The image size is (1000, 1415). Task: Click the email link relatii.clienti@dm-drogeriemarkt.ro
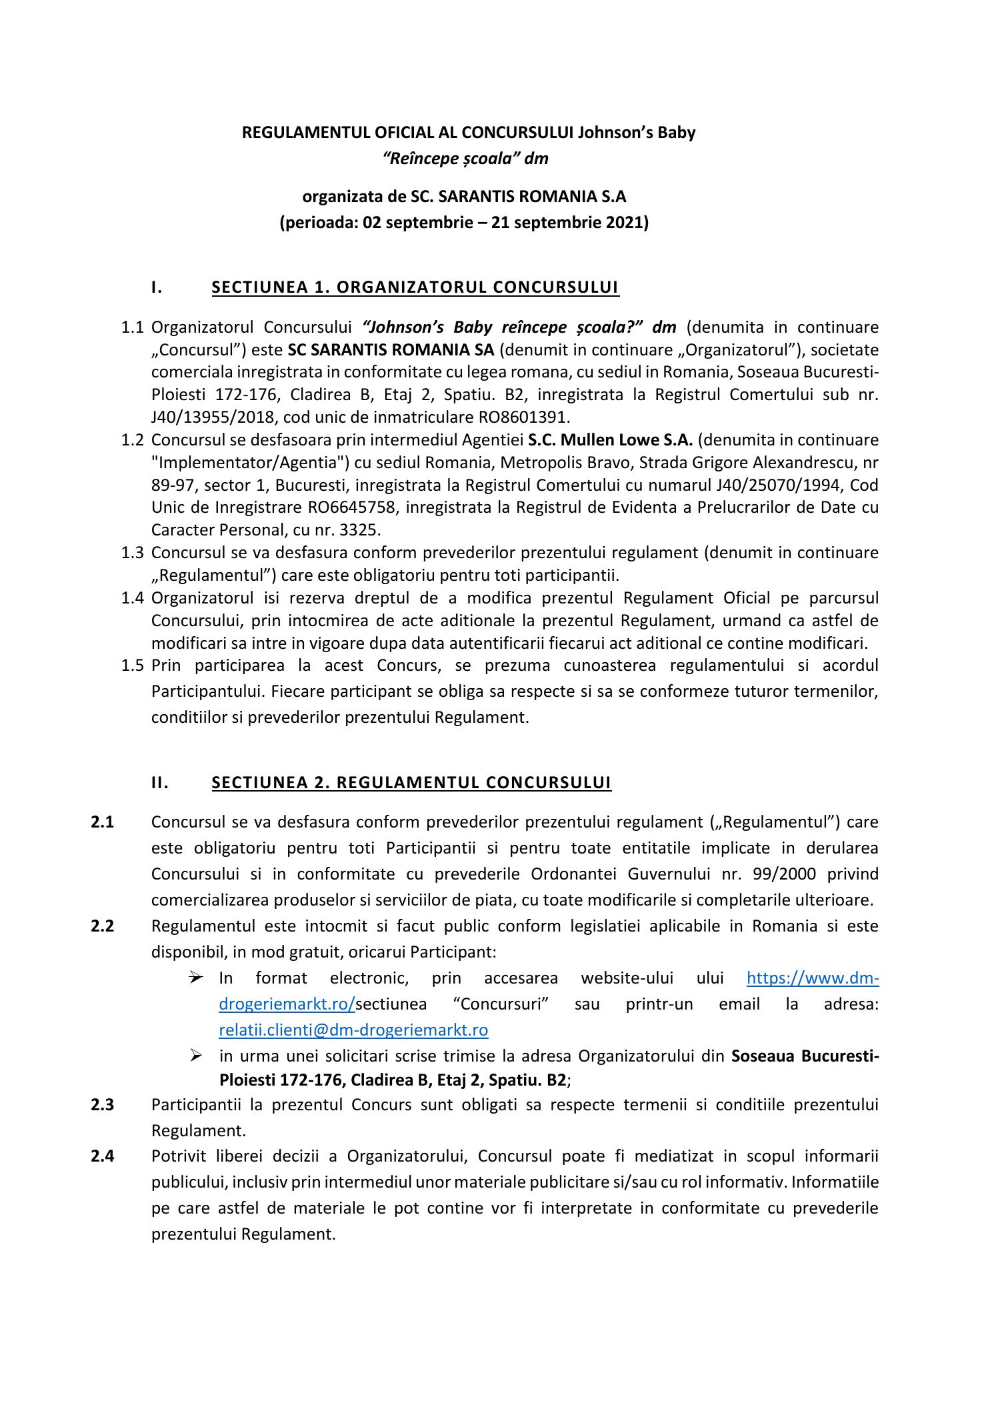click(x=353, y=1030)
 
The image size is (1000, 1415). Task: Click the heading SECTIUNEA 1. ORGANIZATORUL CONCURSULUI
click(x=415, y=287)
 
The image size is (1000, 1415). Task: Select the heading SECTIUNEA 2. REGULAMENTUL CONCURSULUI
click(x=411, y=782)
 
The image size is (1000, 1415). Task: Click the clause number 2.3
click(x=103, y=1105)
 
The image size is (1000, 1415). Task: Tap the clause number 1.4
click(x=133, y=598)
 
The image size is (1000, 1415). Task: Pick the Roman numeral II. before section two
click(x=160, y=782)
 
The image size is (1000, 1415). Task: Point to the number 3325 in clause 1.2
click(x=361, y=530)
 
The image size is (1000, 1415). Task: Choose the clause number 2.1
click(x=103, y=822)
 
